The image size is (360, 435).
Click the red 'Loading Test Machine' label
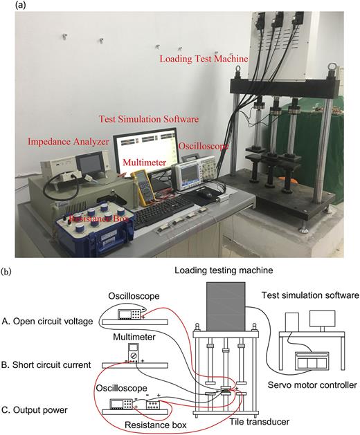[204, 59]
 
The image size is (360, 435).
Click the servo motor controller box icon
[312, 361]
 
